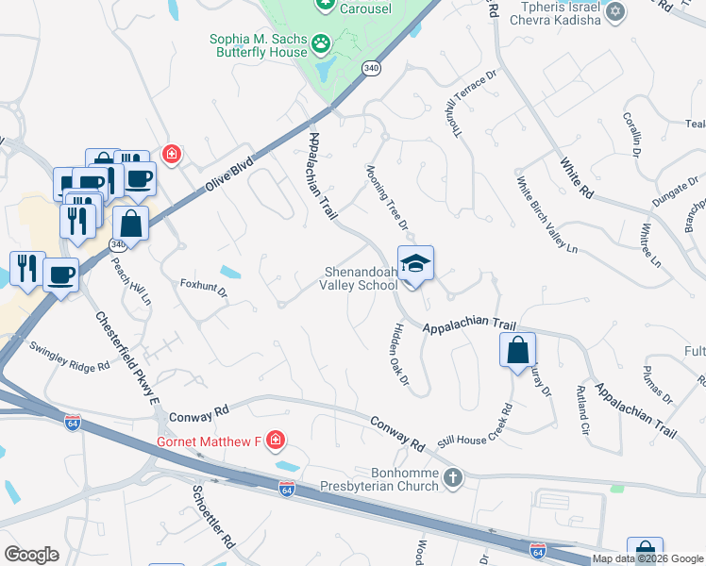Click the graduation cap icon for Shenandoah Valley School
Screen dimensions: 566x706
[415, 263]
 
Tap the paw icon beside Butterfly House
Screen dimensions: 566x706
[322, 42]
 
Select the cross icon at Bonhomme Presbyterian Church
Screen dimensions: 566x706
[453, 477]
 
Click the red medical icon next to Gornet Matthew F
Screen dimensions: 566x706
[275, 441]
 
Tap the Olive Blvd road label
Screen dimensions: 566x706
[229, 175]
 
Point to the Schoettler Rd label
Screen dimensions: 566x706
[212, 519]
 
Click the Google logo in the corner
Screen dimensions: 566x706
[31, 555]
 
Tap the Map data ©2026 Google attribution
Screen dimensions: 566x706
[647, 558]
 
